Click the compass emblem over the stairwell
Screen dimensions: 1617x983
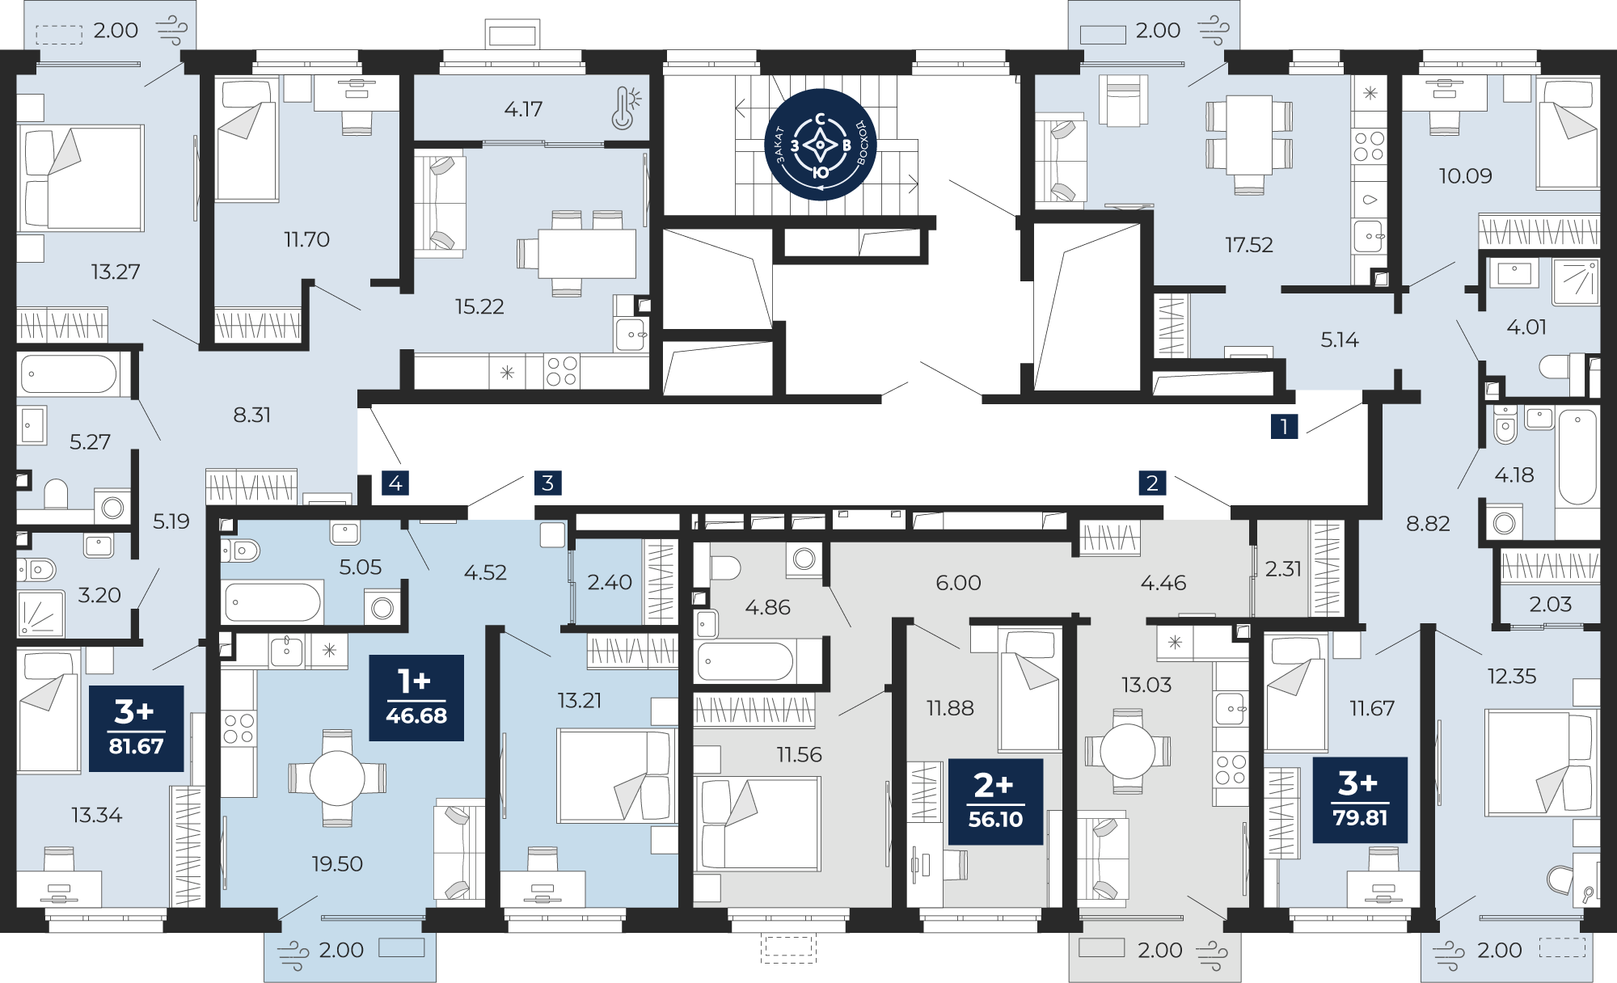coord(821,145)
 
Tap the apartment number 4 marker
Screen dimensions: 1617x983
coord(395,483)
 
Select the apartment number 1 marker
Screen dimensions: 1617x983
coord(1284,426)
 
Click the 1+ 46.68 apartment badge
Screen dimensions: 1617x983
coord(416,698)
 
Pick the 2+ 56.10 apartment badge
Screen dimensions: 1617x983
coord(995,801)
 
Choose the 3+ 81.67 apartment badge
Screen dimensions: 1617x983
coord(136,728)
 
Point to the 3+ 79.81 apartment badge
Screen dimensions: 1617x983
coord(1360,800)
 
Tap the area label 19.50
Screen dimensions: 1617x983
coord(337,864)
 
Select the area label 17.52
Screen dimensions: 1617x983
coord(1248,245)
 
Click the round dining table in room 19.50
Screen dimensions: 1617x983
coord(337,778)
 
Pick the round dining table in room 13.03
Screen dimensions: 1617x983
coord(1127,752)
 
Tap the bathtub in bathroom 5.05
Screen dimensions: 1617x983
coord(272,602)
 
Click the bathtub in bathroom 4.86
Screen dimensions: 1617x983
coord(745,662)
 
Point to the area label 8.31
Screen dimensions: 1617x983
coord(252,416)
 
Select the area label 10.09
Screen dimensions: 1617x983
coord(1465,176)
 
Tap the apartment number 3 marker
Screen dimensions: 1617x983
coord(547,483)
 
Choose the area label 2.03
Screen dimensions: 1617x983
coord(1550,605)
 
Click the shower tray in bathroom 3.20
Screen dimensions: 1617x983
coord(40,614)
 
